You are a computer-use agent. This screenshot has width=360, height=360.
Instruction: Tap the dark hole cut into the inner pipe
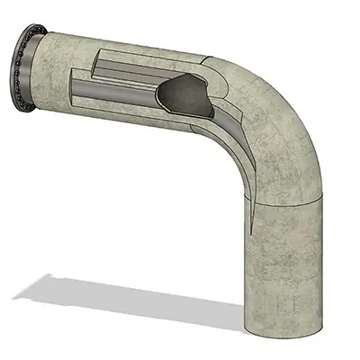pos(184,93)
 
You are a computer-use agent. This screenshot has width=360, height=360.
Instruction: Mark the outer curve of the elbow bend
pos(301,99)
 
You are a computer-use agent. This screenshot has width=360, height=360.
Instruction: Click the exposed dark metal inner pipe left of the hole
pos(117,90)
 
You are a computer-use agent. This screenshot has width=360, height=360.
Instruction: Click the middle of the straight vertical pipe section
pos(284,261)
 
